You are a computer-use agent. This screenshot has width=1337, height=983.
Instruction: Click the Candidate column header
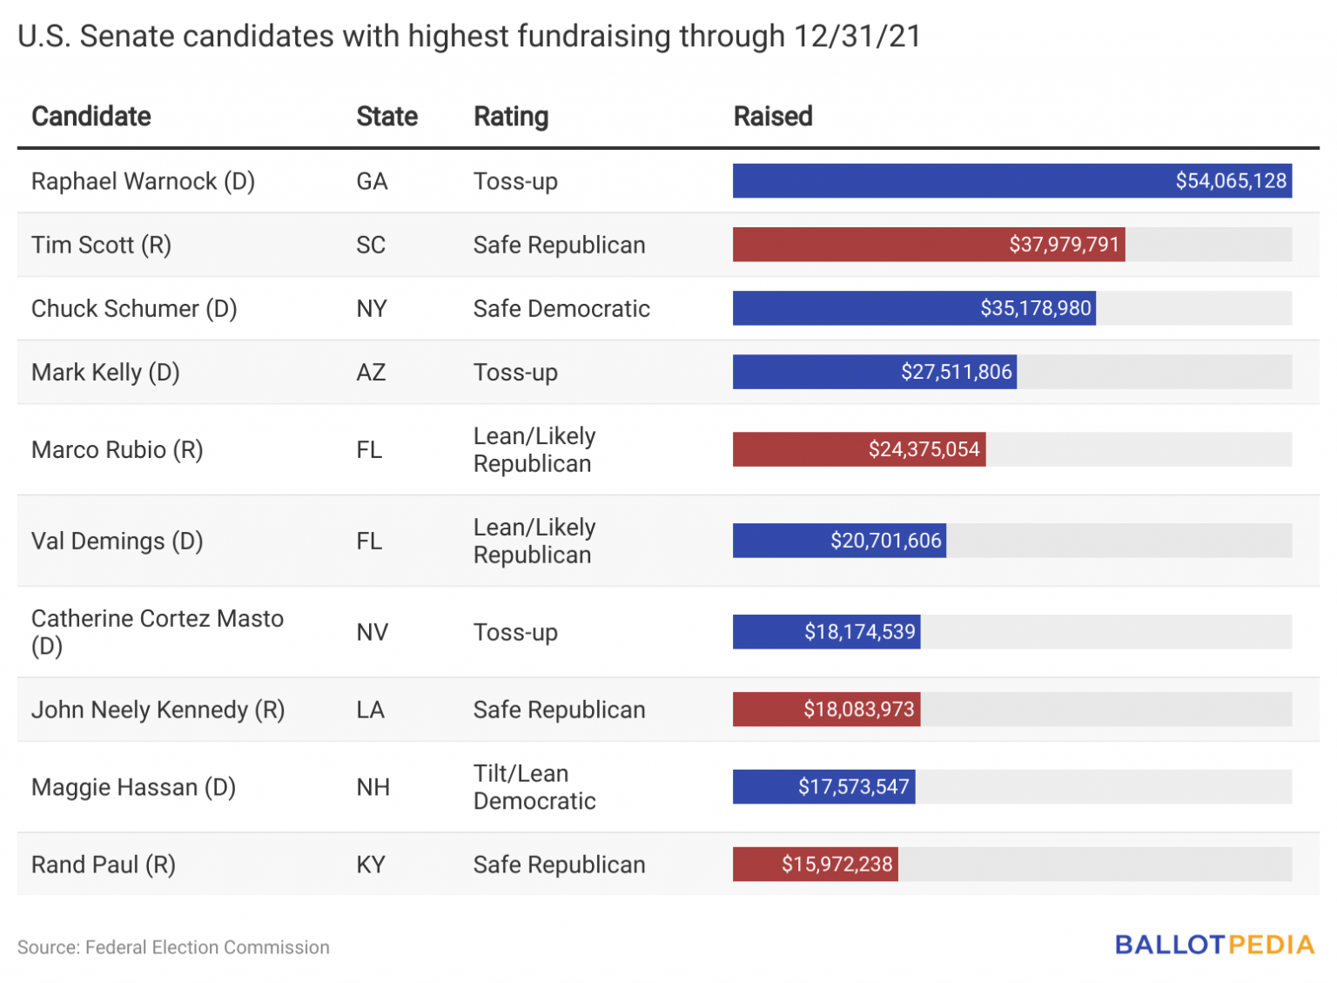tap(91, 117)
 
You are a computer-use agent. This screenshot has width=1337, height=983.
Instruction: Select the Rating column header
tap(510, 117)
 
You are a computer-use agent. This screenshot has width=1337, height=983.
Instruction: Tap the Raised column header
tap(772, 117)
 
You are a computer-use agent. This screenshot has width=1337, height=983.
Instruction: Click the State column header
tap(386, 117)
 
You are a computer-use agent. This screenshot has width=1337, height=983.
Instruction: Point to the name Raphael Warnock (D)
tap(143, 181)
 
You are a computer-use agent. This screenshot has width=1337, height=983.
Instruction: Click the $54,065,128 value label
tap(1230, 181)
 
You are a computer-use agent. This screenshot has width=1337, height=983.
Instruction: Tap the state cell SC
tap(370, 245)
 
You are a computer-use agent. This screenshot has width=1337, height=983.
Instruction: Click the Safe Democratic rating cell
tap(561, 309)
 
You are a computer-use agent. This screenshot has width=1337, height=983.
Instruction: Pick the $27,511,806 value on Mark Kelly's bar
tap(956, 373)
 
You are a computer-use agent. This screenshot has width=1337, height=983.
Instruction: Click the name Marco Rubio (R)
tap(117, 450)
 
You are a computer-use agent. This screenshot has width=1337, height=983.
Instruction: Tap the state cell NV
tap(372, 632)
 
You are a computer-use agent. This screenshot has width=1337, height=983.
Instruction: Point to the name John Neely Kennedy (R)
tap(158, 710)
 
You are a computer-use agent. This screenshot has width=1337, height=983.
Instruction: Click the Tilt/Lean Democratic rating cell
tap(534, 787)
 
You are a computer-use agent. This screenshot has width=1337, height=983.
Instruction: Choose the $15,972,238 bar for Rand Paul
tap(814, 865)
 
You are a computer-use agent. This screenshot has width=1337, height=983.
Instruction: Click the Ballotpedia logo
tap(1213, 946)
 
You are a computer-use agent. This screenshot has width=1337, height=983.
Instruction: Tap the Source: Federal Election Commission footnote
tap(173, 947)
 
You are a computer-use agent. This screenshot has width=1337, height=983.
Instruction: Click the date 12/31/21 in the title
tap(857, 37)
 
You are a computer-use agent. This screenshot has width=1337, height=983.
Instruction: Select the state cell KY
tap(370, 865)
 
